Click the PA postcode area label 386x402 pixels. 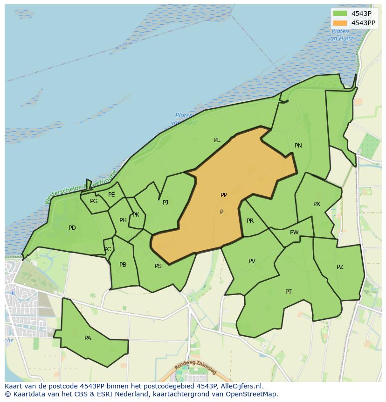click(88, 338)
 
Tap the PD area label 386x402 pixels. click(72, 228)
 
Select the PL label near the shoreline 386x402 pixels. click(217, 140)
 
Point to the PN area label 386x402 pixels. click(298, 146)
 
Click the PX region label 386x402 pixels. click(317, 204)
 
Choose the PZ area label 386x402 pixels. click(340, 267)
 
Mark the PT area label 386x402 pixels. click(289, 292)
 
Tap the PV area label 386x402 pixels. click(252, 261)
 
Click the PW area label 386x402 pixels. click(294, 233)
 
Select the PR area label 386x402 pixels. click(250, 221)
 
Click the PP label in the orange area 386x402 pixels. click(224, 195)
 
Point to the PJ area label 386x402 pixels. click(165, 203)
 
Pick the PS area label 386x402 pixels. click(158, 266)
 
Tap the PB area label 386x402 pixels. click(123, 265)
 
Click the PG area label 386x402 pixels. click(94, 201)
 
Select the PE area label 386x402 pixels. click(111, 195)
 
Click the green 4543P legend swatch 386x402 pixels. click(340, 14)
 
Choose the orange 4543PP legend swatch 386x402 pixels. click(340, 23)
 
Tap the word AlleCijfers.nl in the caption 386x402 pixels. click(241, 386)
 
